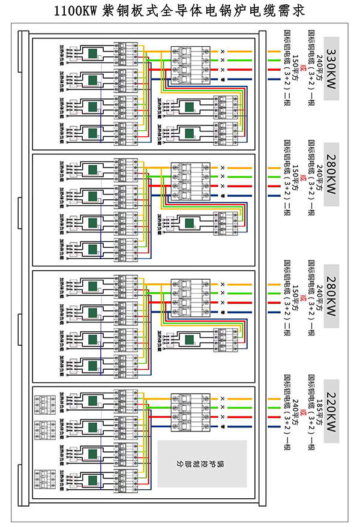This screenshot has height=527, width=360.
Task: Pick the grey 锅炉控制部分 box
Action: pyautogui.click(x=202, y=464)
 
